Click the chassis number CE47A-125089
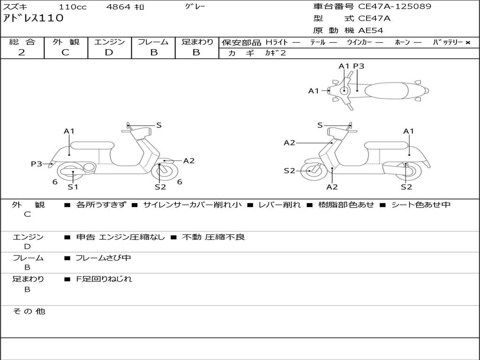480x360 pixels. click(395, 7)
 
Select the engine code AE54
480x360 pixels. click(371, 31)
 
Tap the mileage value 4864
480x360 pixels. click(119, 7)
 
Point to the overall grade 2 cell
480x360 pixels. click(22, 52)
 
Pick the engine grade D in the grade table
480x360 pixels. click(109, 52)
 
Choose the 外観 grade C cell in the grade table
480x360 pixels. click(65, 52)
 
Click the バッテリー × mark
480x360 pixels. click(467, 43)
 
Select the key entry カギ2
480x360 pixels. click(275, 53)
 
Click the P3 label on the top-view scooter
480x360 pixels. click(359, 66)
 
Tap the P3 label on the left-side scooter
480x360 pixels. click(37, 164)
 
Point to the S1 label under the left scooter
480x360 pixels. click(73, 187)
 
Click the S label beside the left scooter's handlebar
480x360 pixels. click(159, 125)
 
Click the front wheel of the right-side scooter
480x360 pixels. click(311, 171)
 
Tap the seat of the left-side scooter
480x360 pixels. click(92, 145)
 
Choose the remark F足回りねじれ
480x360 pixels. click(104, 279)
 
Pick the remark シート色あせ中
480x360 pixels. click(420, 205)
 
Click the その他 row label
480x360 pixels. click(29, 311)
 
